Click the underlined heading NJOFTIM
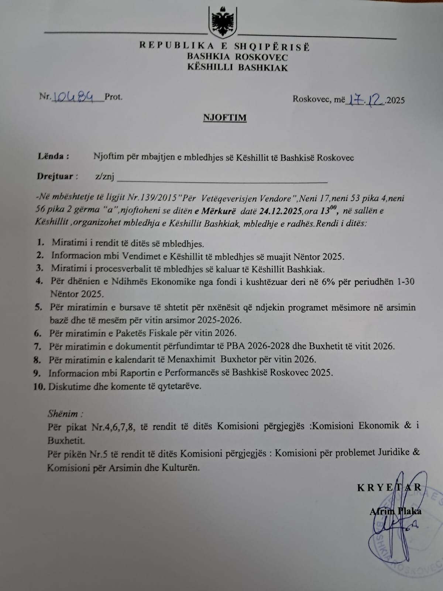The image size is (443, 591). point(224,117)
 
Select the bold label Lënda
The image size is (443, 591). point(53,156)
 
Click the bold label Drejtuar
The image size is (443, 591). point(57,176)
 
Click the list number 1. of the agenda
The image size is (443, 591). point(41,243)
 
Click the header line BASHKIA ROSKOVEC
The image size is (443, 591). point(237,57)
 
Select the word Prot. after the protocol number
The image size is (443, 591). point(114,97)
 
